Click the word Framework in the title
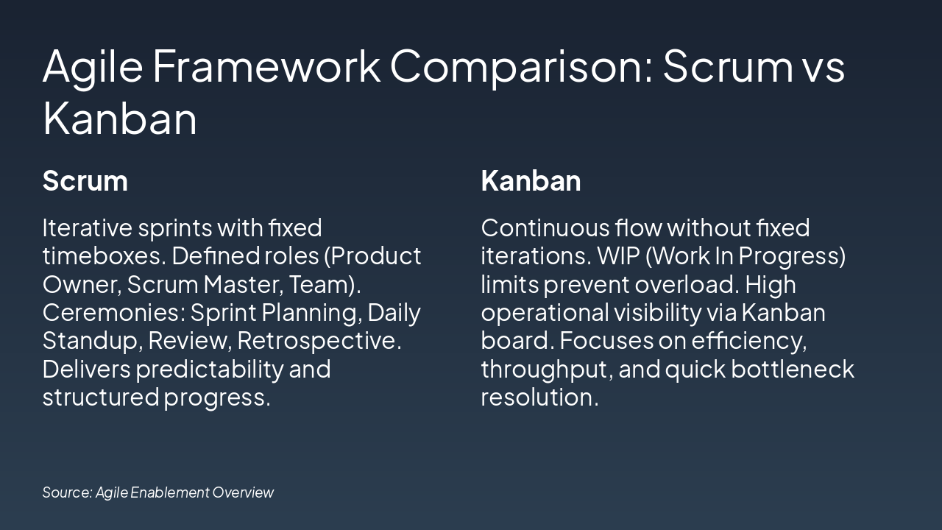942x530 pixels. [266, 66]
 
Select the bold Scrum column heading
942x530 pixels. [85, 181]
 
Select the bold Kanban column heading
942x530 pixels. [531, 181]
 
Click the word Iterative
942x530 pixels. [87, 227]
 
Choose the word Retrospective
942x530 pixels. [319, 342]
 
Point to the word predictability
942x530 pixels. [210, 370]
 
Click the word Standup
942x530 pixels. [90, 342]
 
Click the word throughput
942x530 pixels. [546, 370]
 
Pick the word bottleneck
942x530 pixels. [793, 370]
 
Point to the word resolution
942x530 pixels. [539, 397]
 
